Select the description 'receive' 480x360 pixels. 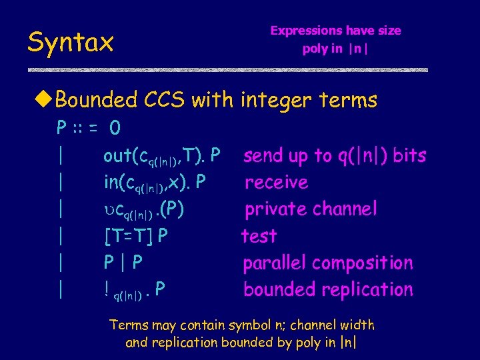[x=276, y=183]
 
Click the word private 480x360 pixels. [x=276, y=209]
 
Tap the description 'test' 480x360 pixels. [x=259, y=236]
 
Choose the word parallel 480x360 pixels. [x=275, y=263]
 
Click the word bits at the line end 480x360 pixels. [x=409, y=156]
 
